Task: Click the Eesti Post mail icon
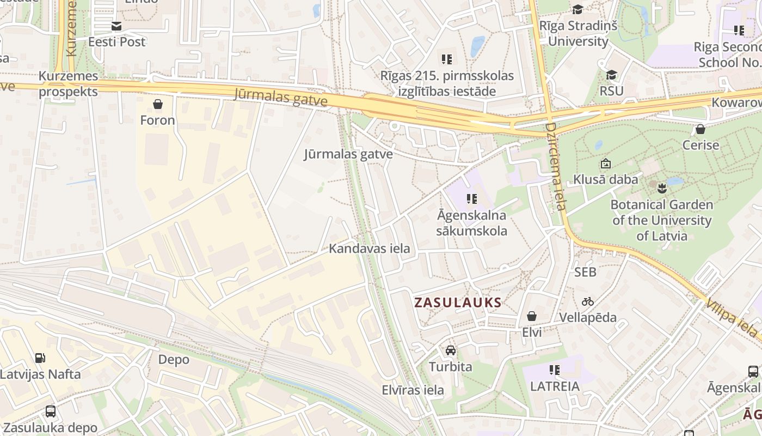116,26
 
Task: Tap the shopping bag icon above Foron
158,104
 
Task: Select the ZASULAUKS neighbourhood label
458,302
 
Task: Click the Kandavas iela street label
369,249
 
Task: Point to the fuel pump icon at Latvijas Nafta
40,358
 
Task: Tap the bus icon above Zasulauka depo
50,411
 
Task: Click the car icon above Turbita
450,350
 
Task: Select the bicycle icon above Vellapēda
588,301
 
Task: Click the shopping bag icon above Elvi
532,316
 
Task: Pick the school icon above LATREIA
555,370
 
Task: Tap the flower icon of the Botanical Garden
662,189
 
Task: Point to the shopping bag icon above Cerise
700,129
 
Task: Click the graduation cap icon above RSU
612,75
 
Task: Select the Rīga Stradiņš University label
578,33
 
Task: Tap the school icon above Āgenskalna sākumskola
472,199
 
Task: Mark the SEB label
585,271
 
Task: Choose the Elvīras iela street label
413,390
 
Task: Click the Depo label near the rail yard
174,360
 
